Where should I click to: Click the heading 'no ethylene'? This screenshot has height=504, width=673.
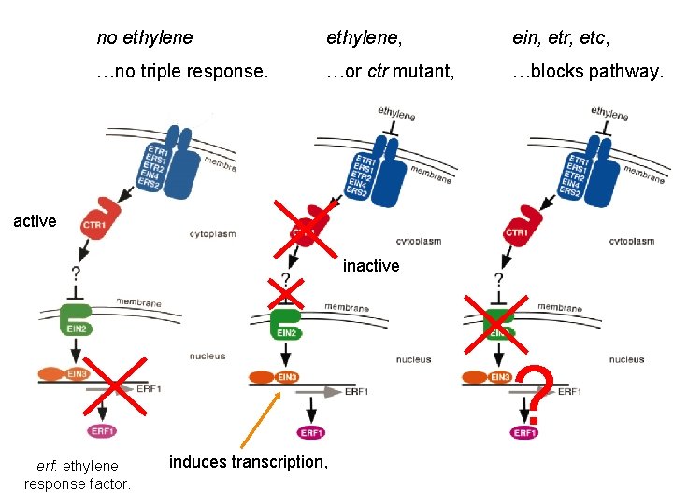tap(145, 38)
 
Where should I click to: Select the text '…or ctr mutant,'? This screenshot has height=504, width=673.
tap(390, 72)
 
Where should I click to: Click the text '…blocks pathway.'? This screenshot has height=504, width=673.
tap(588, 72)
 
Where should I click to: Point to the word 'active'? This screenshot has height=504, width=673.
tap(35, 221)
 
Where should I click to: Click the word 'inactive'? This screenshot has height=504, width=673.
tap(371, 266)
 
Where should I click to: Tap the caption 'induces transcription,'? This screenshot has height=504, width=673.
tap(249, 461)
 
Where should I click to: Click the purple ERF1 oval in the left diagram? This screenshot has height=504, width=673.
tap(102, 431)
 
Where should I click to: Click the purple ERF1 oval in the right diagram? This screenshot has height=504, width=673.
tap(524, 432)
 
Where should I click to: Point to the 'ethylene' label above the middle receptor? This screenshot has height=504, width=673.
tap(396, 113)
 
